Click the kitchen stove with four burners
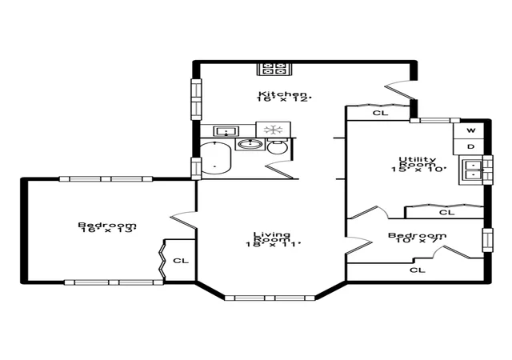point(274,69)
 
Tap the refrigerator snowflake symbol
point(274,130)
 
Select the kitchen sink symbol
point(226,131)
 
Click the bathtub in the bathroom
point(215,158)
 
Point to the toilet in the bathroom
point(278,146)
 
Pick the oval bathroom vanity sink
point(250,144)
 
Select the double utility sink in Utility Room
point(472,170)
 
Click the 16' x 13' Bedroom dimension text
point(107,230)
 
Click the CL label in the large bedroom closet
point(181,261)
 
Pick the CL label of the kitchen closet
point(381,113)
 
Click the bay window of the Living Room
point(270,298)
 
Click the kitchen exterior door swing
point(398,89)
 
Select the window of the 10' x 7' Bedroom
point(488,240)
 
